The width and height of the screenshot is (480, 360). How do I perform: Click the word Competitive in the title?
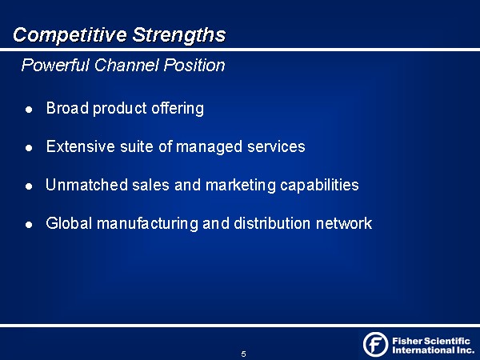tap(70, 35)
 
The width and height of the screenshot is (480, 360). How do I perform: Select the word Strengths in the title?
tap(179, 35)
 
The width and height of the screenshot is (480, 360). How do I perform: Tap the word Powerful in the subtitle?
tap(55, 65)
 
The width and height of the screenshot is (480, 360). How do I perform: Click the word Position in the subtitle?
tap(194, 65)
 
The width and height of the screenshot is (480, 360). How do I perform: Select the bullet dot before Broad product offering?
tap(29, 110)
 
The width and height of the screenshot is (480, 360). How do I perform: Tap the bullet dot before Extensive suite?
tap(29, 148)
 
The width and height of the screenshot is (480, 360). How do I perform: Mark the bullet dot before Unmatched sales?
tap(29, 186)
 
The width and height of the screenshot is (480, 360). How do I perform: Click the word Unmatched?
tap(86, 185)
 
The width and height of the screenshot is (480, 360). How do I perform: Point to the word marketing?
tap(241, 186)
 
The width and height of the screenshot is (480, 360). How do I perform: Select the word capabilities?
tap(319, 186)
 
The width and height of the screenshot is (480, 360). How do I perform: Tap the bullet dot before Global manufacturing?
tap(29, 225)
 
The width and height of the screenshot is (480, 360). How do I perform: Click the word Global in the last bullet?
tap(69, 223)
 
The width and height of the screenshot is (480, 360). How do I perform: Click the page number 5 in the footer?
tap(243, 354)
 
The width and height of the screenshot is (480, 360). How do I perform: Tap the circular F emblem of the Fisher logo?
tap(376, 344)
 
